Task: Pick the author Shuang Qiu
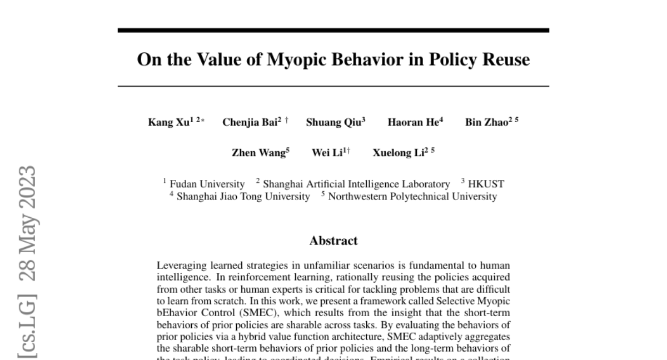pos(333,123)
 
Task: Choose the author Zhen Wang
pos(259,153)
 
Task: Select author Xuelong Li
pos(399,153)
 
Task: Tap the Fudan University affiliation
pos(207,184)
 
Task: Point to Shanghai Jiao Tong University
pos(243,196)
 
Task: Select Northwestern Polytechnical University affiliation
pos(412,196)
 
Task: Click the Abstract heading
pos(333,241)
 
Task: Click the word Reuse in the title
pos(507,60)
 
